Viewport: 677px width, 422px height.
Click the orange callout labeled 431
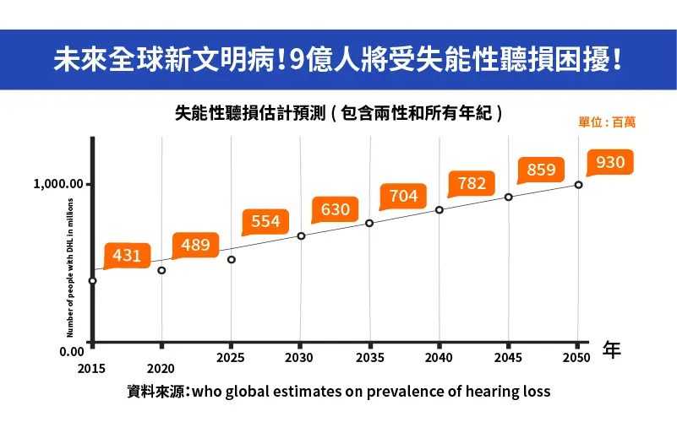point(127,255)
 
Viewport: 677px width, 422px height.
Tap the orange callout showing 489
point(195,245)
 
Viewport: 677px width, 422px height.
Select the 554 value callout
point(265,221)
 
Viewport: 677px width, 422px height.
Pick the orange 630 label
point(336,209)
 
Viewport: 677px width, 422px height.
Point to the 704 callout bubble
point(404,196)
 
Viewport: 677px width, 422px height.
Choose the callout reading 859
point(541,170)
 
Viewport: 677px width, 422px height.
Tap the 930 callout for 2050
point(610,162)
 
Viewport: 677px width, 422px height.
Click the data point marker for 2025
point(232,259)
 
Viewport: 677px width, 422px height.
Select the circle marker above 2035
point(369,223)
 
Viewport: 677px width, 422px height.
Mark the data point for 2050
point(578,184)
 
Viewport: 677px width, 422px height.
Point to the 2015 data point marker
point(92,280)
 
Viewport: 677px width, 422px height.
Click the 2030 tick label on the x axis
point(299,358)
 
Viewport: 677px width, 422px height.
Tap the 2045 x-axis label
point(508,358)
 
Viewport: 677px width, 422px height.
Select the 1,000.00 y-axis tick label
point(58,184)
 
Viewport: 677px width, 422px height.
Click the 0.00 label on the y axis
point(71,351)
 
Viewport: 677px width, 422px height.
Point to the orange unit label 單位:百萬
point(607,122)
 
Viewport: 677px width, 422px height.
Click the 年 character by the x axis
point(612,350)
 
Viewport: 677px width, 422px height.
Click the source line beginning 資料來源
point(338,392)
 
